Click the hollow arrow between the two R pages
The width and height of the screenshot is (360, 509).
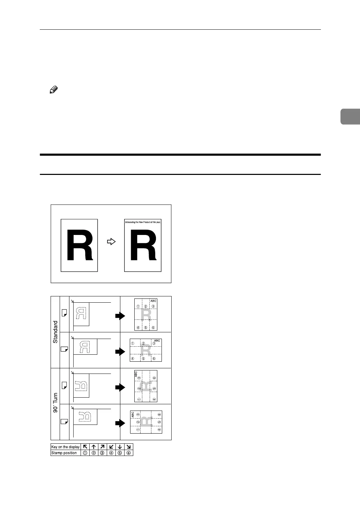[111, 242]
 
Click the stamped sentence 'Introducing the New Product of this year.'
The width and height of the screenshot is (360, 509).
[143, 222]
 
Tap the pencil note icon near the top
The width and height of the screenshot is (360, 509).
[53, 90]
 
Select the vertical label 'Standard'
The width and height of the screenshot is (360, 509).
[55, 332]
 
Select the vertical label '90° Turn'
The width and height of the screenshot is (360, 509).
[55, 403]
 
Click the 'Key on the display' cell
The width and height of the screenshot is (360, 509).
[66, 447]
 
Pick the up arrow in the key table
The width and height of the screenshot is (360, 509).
[94, 447]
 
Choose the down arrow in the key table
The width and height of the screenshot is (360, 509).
[120, 447]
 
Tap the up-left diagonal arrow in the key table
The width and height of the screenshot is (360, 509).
[85, 447]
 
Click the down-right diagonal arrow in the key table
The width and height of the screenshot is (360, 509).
[129, 447]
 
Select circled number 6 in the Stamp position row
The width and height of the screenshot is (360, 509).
[129, 453]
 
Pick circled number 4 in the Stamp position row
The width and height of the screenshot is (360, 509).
[111, 453]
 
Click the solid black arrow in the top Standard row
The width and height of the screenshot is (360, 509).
[120, 316]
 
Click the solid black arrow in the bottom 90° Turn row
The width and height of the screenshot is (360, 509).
[120, 423]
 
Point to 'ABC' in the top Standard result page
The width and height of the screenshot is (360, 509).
[153, 301]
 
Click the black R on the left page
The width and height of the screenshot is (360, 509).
[80, 245]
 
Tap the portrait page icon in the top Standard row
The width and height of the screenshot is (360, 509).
[64, 313]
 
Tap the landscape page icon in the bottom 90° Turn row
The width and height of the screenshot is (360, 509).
[64, 421]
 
